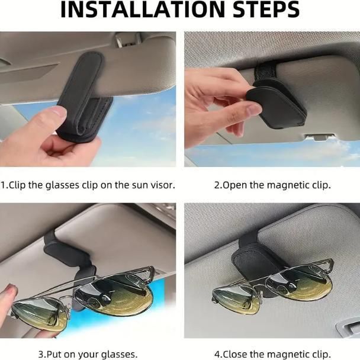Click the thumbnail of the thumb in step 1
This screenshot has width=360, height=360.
(59, 112)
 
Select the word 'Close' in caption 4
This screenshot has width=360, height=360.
(235, 354)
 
